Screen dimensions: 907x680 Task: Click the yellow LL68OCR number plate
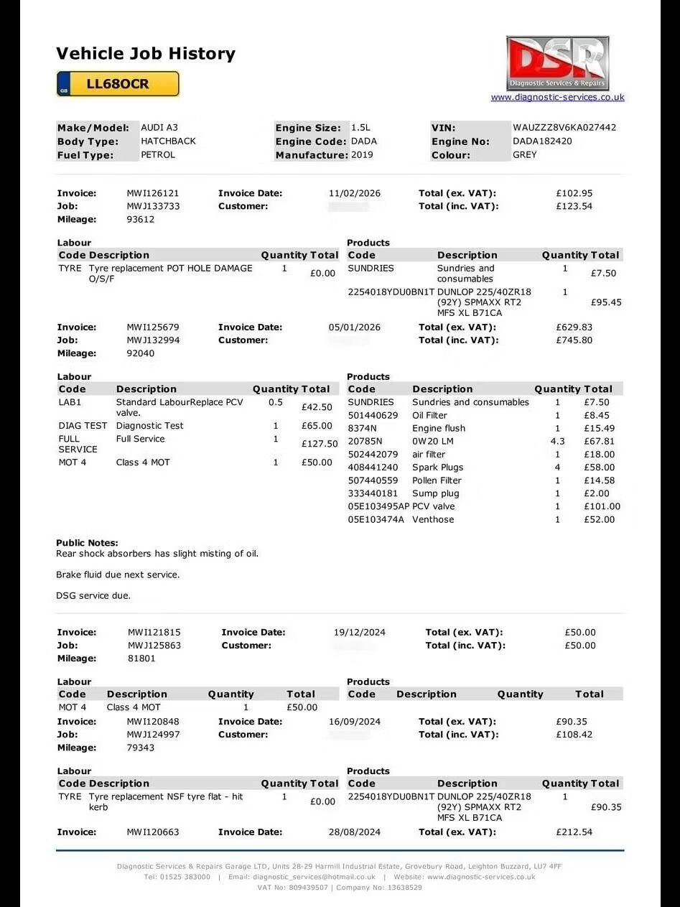(118, 84)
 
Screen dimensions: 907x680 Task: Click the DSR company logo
(557, 63)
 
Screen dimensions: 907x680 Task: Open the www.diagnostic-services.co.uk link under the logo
(557, 97)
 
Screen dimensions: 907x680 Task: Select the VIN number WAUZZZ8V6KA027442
(564, 128)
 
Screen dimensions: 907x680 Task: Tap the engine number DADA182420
(542, 141)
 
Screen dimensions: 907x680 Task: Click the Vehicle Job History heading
(146, 54)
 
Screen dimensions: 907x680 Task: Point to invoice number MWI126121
(153, 193)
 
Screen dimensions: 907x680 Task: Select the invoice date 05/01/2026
(355, 327)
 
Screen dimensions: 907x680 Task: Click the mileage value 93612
(141, 220)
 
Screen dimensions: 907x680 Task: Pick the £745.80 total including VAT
(574, 340)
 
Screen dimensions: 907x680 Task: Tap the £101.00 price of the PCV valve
(602, 507)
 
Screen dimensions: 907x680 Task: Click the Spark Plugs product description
(438, 468)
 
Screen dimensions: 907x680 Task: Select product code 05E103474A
(376, 520)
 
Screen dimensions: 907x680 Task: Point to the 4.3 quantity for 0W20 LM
(557, 442)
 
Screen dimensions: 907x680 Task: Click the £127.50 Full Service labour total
(320, 445)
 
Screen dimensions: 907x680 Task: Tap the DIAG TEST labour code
(83, 426)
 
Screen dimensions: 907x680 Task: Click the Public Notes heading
(87, 543)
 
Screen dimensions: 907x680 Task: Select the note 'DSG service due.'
(93, 595)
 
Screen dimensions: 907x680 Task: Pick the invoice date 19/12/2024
(360, 633)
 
